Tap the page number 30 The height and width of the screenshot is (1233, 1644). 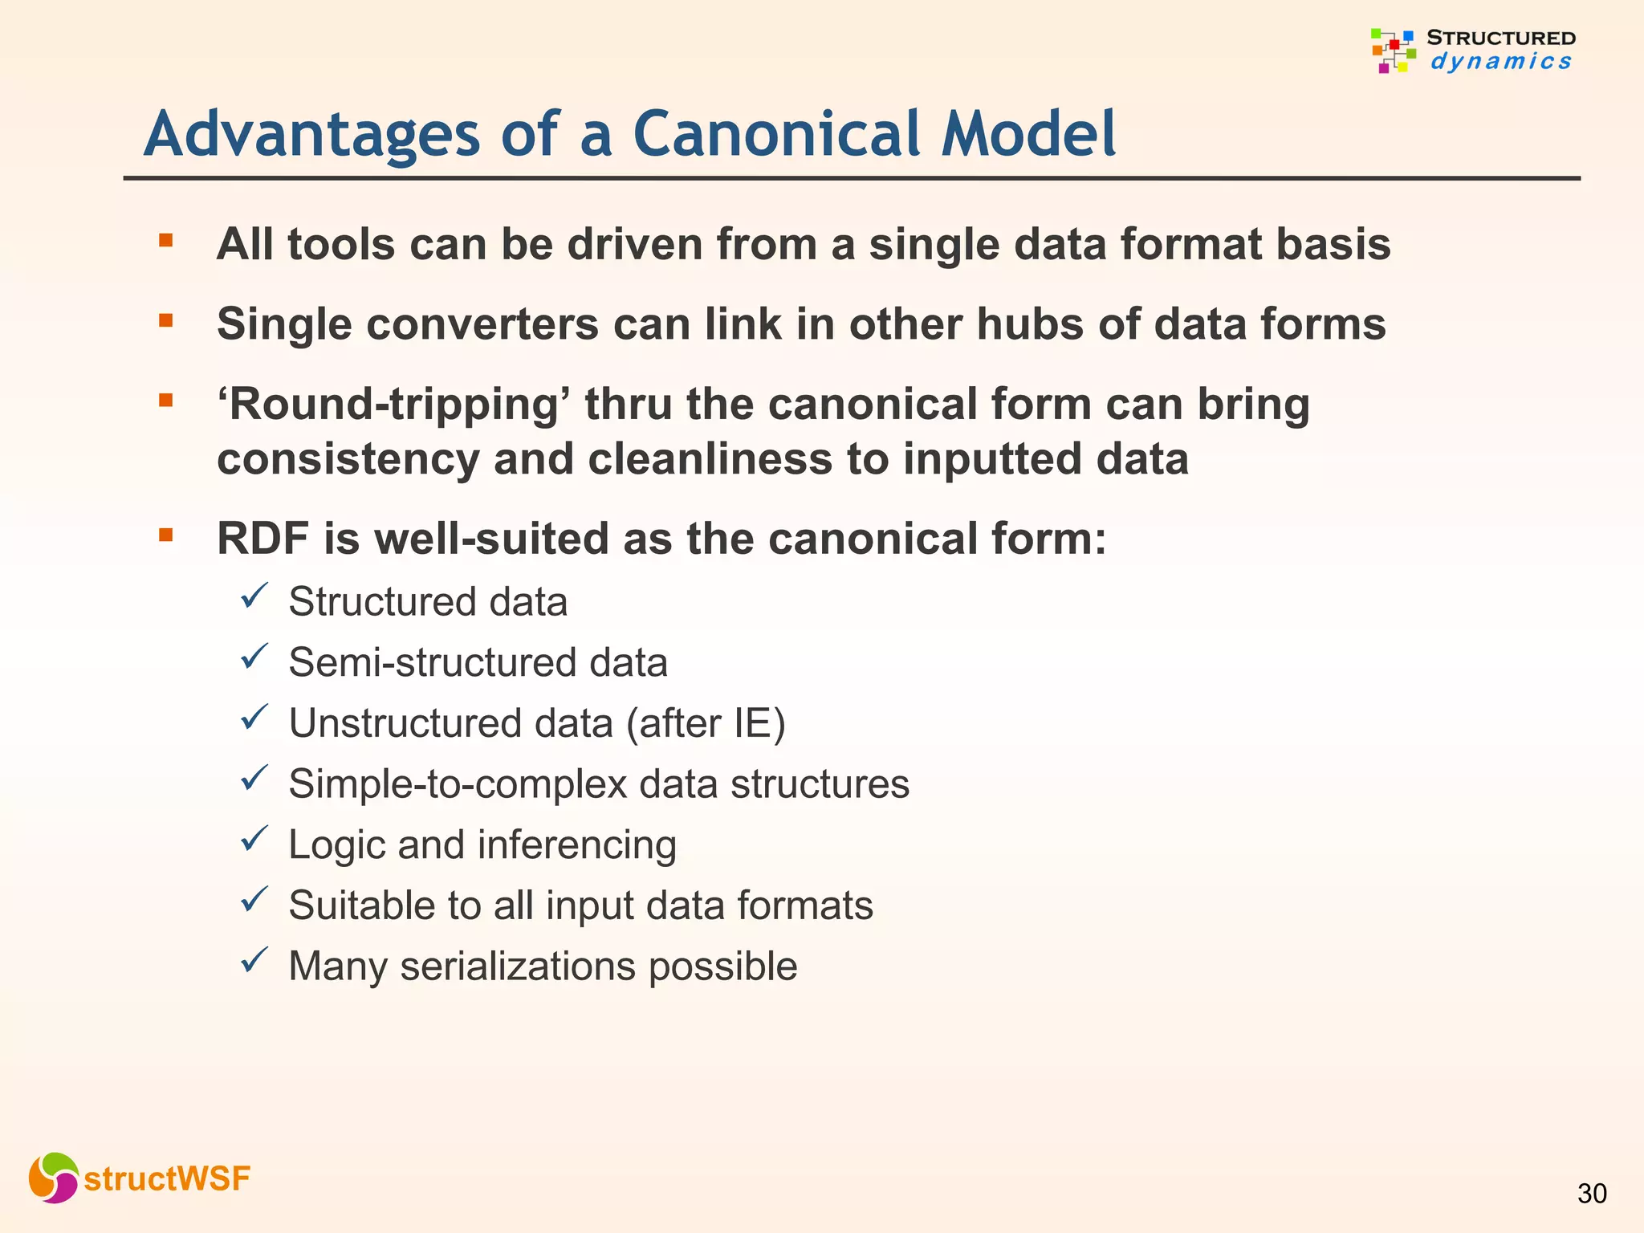click(x=1592, y=1194)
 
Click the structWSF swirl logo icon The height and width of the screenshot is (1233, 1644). click(x=53, y=1178)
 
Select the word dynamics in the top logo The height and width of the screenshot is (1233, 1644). click(x=1500, y=62)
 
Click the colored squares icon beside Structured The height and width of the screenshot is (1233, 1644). click(x=1393, y=51)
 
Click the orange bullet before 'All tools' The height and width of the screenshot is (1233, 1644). click(x=166, y=240)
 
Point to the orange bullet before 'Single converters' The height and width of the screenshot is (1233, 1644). click(x=166, y=321)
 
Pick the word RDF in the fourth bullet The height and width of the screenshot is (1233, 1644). click(x=262, y=539)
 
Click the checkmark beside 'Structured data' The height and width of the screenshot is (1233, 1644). click(x=254, y=597)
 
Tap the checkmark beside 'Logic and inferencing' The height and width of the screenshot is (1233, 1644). click(x=254, y=840)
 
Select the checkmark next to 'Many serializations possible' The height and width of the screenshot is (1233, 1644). click(x=254, y=961)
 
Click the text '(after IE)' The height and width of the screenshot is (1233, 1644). click(x=706, y=723)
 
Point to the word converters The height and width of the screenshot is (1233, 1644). click(x=482, y=324)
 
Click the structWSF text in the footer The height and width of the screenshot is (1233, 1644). click(x=167, y=1179)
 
